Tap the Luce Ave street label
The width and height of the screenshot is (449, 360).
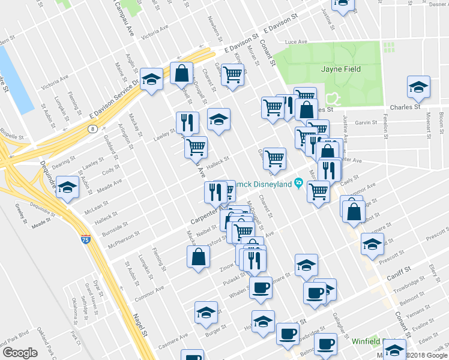(296, 42)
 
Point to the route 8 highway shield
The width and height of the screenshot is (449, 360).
(92, 128)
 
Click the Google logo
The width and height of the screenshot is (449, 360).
(19, 353)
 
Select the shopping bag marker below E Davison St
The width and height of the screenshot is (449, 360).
(181, 73)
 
